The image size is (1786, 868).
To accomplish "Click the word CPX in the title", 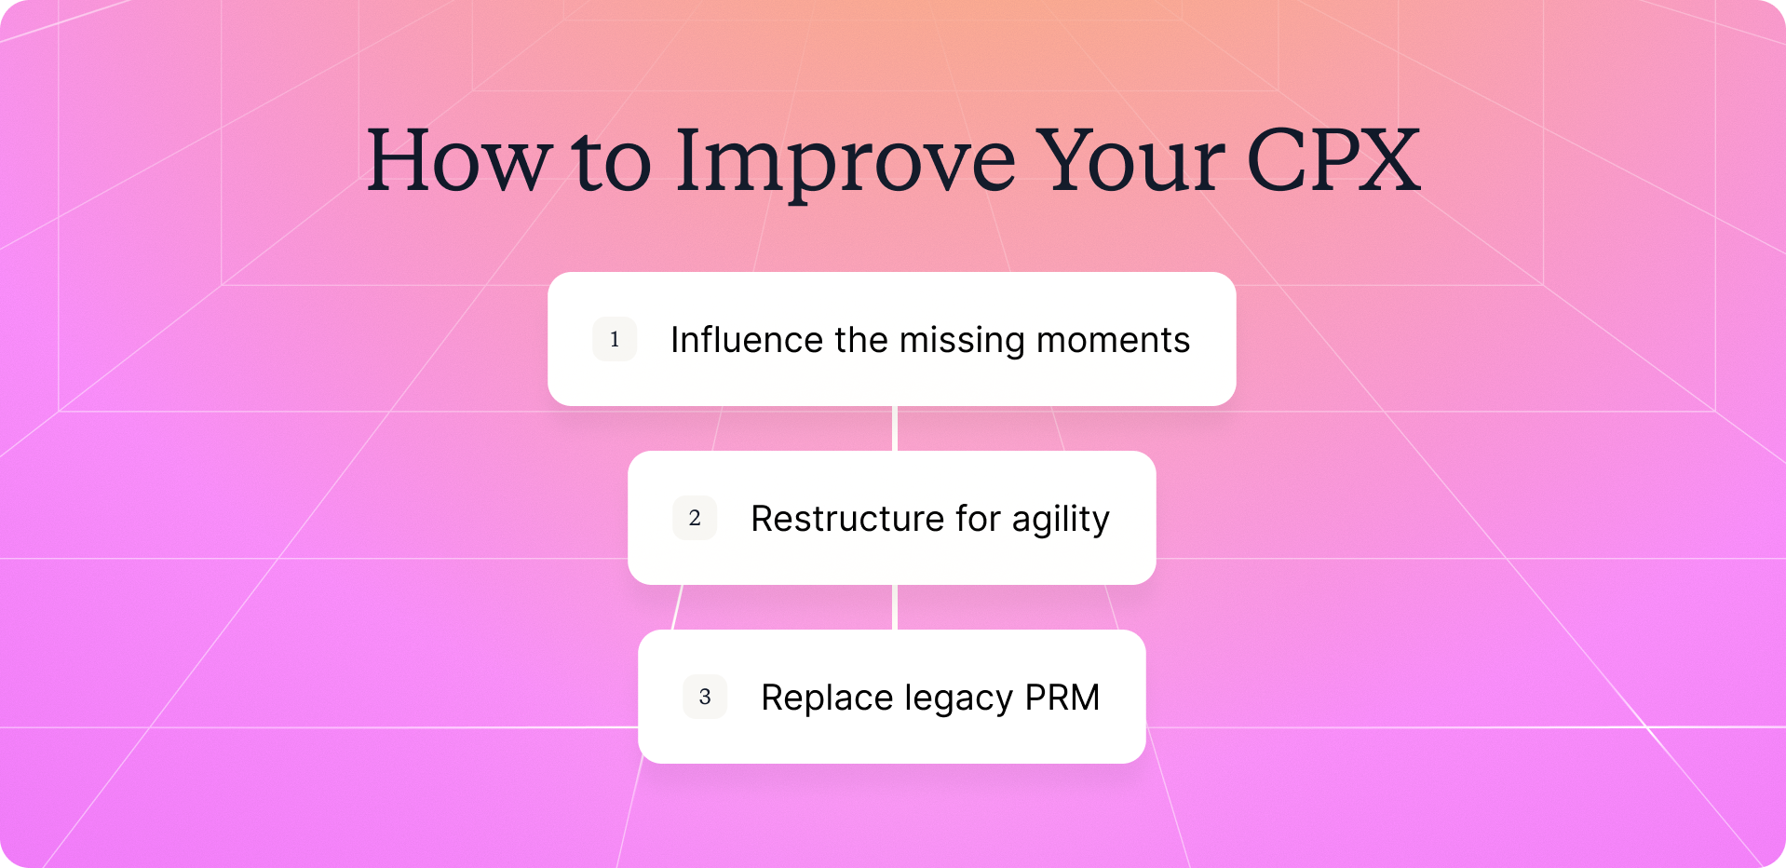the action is (x=1333, y=160).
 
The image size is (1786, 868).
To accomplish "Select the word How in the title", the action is (x=459, y=160).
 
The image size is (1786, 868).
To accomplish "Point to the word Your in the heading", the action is (x=1130, y=160).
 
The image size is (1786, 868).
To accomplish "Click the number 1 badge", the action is (x=615, y=339).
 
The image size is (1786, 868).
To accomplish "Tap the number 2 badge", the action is (x=695, y=518).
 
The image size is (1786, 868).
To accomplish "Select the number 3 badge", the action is (x=705, y=697).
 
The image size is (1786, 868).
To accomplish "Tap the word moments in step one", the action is (x=1114, y=342).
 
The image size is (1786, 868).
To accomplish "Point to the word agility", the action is (x=1061, y=521).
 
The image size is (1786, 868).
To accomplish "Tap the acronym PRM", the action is (x=1062, y=698).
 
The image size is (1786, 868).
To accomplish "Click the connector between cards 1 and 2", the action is (x=894, y=428).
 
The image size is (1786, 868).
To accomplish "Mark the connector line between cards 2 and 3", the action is (x=894, y=607).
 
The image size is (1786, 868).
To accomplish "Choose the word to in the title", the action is (x=613, y=164).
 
